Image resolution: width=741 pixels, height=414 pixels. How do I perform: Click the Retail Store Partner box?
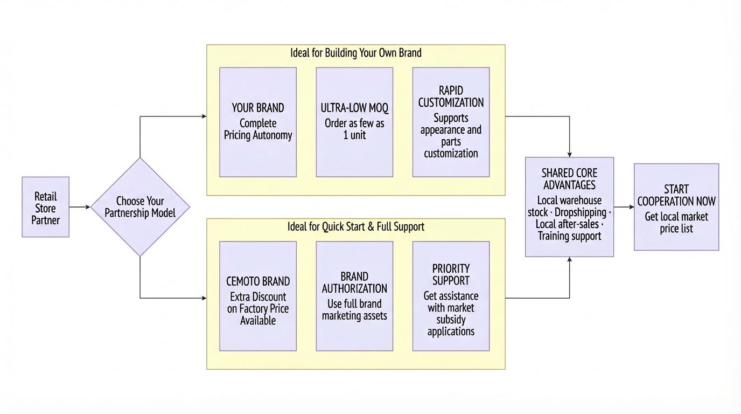point(45,207)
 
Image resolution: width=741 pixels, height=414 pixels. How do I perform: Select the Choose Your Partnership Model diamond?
point(140,207)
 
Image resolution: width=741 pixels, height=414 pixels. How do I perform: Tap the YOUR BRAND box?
point(258,122)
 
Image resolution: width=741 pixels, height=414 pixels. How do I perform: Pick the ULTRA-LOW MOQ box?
point(354,122)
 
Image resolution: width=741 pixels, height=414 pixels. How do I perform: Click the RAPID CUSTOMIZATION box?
point(451,122)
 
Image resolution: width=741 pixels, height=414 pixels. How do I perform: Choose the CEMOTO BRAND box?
point(258,296)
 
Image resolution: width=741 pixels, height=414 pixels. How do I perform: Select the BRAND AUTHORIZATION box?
point(354,296)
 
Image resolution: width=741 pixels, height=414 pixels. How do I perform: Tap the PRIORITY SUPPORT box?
point(451,296)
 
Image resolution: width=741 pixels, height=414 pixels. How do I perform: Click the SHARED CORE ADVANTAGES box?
point(569,206)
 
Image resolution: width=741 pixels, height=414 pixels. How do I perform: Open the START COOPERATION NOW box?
point(676,207)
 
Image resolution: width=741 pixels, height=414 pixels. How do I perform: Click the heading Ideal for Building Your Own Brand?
point(355,53)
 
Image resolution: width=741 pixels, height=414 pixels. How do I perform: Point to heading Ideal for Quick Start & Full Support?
point(355,227)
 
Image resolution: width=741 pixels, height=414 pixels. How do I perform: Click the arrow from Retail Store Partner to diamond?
point(80,207)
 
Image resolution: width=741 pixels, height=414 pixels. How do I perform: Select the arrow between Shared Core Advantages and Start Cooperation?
point(624,207)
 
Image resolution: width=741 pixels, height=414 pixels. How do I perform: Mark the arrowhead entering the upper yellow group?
point(204,116)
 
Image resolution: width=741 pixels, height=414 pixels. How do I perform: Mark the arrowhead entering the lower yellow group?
point(204,298)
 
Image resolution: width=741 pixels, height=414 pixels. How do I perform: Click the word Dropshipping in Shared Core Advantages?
point(580,212)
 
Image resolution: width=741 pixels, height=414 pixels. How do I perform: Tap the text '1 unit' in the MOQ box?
point(354,135)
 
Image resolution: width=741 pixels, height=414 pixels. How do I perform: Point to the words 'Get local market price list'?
point(676,223)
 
